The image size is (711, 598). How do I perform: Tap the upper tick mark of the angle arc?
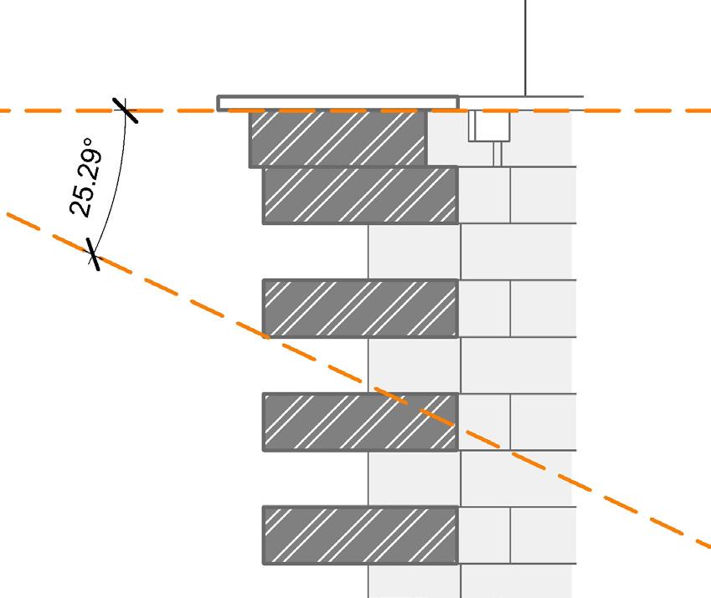pyautogui.click(x=125, y=110)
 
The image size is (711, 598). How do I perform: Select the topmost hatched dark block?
pyautogui.click(x=337, y=138)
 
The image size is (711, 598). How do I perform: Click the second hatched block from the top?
pyautogui.click(x=360, y=195)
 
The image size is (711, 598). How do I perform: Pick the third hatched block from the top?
pyautogui.click(x=360, y=308)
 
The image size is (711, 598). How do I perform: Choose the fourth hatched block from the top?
pyautogui.click(x=360, y=422)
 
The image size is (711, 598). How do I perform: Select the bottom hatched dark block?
pyautogui.click(x=360, y=534)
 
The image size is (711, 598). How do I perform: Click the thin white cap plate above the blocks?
pyautogui.click(x=337, y=103)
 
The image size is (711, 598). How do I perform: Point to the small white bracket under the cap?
pyautogui.click(x=489, y=126)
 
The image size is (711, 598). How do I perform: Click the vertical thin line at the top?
pyautogui.click(x=525, y=46)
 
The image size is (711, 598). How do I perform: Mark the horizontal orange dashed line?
pyautogui.click(x=636, y=110)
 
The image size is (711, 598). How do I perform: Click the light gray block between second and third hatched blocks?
pyautogui.click(x=414, y=252)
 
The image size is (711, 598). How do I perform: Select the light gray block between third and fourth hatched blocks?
pyautogui.click(x=414, y=365)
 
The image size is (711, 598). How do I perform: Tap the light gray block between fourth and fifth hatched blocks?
pyautogui.click(x=414, y=478)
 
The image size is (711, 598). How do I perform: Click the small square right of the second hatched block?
pyautogui.click(x=484, y=195)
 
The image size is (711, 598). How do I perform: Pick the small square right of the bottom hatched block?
pyautogui.click(x=484, y=534)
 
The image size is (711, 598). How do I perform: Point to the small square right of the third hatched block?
pyautogui.click(x=484, y=308)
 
